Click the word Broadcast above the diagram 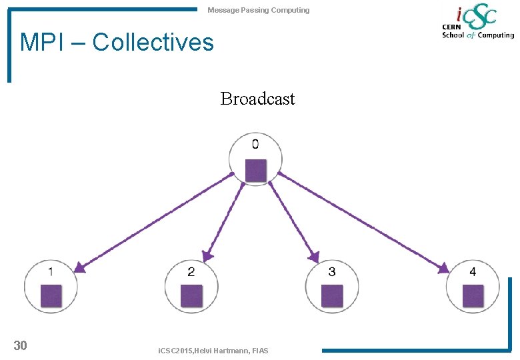pyautogui.click(x=257, y=99)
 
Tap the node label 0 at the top pyautogui.click(x=255, y=144)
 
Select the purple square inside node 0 pyautogui.click(x=255, y=170)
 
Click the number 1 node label pyautogui.click(x=51, y=271)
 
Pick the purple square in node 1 pyautogui.click(x=51, y=295)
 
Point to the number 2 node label pyautogui.click(x=191, y=271)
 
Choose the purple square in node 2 pyautogui.click(x=191, y=295)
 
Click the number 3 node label pyautogui.click(x=332, y=271)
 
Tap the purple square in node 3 pyautogui.click(x=332, y=295)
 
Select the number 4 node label pyautogui.click(x=473, y=271)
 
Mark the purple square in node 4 pyautogui.click(x=473, y=295)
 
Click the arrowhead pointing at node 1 pyautogui.click(x=79, y=267)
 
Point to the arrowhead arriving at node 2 pyautogui.click(x=208, y=255)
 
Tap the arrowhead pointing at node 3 pyautogui.click(x=314, y=257)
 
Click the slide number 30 pyautogui.click(x=21, y=345)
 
